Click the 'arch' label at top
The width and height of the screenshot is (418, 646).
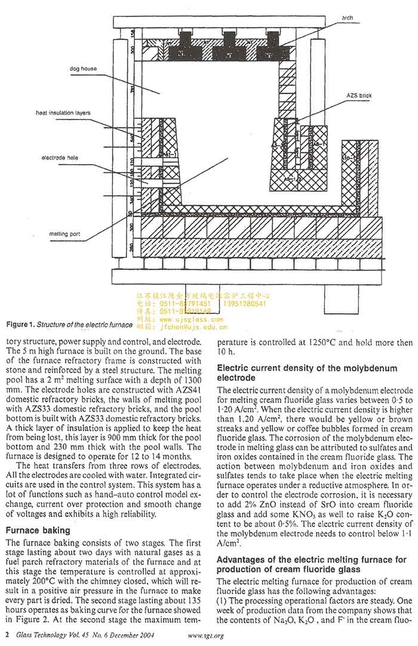pos(347,18)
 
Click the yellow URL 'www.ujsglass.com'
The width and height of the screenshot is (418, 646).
pos(188,320)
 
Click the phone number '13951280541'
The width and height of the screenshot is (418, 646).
pos(244,304)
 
